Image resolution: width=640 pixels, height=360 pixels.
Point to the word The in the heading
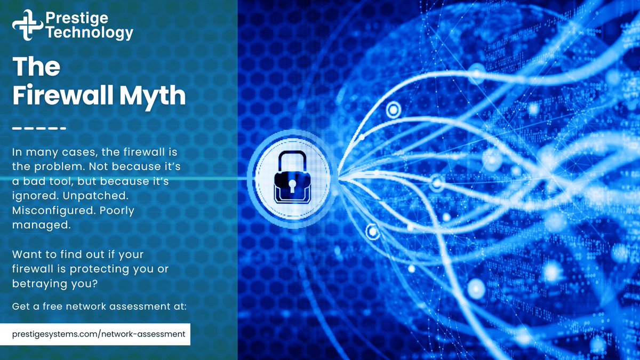[36, 67]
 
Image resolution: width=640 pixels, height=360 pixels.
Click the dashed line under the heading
[39, 129]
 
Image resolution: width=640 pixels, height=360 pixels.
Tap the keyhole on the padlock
[292, 185]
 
